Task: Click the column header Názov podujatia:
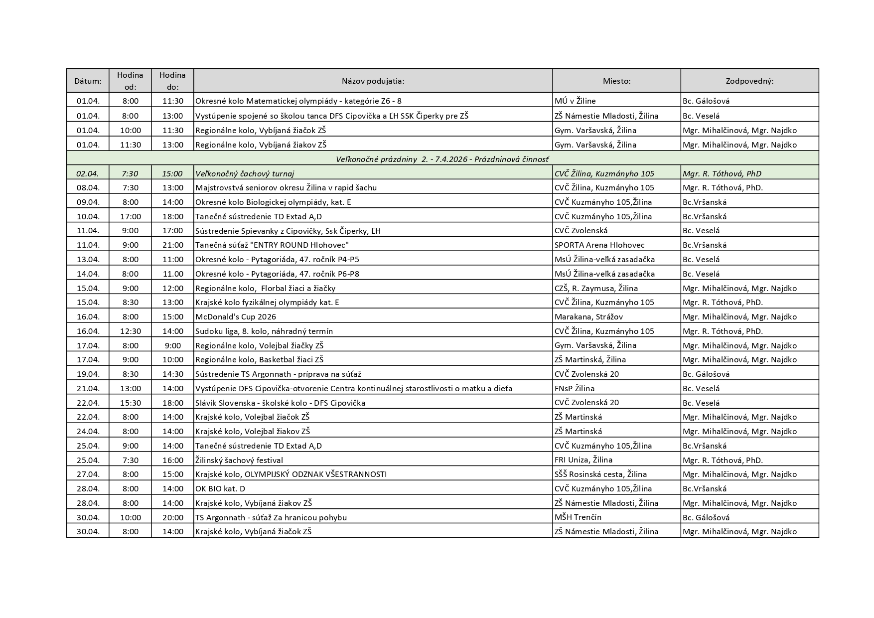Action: point(373,81)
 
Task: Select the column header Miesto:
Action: point(616,81)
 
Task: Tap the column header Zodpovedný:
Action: point(749,81)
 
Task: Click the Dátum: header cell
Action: point(88,81)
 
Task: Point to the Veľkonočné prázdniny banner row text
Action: point(442,159)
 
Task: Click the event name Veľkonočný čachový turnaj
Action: point(245,173)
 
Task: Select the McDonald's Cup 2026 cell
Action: point(236,316)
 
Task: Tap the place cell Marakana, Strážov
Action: point(588,316)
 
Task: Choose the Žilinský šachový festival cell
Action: point(239,460)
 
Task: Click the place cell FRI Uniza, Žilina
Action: point(583,460)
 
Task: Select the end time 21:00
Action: point(173,245)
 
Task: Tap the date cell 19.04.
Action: point(88,374)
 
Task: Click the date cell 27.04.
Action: point(88,474)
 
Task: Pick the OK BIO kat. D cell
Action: point(220,488)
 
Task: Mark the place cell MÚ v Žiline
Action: point(575,101)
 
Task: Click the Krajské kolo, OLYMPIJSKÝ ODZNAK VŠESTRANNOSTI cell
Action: point(291,474)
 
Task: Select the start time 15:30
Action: point(131,403)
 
